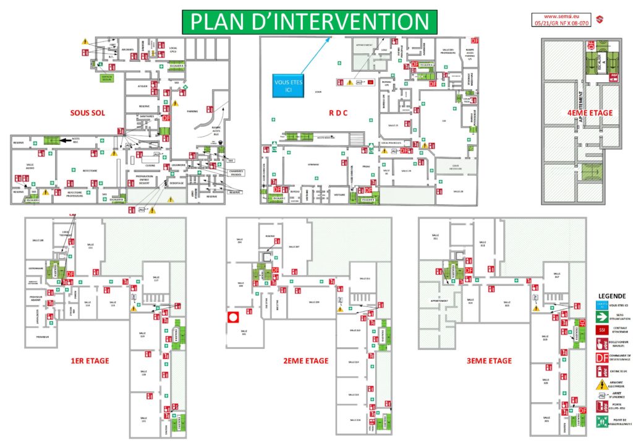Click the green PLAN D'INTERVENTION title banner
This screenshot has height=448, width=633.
[309, 21]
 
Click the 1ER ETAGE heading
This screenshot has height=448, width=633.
[90, 360]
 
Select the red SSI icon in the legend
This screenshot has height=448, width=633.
[601, 329]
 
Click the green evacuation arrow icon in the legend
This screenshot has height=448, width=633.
[601, 316]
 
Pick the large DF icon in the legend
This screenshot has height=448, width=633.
[601, 357]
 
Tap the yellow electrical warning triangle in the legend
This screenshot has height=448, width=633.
[601, 385]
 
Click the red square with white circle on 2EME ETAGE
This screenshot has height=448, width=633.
[233, 317]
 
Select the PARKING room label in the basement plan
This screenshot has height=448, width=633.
[192, 111]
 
